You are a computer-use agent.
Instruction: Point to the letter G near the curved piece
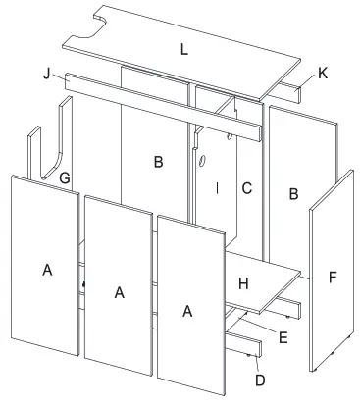point(64,177)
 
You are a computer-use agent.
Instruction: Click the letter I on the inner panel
point(218,186)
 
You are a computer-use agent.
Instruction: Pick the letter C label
point(247,186)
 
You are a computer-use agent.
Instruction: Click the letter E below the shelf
point(283,336)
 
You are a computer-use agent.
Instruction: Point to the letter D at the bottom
point(258,379)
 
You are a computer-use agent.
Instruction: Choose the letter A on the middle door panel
point(119,291)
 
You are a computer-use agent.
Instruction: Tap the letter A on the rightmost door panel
point(187,310)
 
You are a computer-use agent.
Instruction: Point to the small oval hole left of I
point(201,160)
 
